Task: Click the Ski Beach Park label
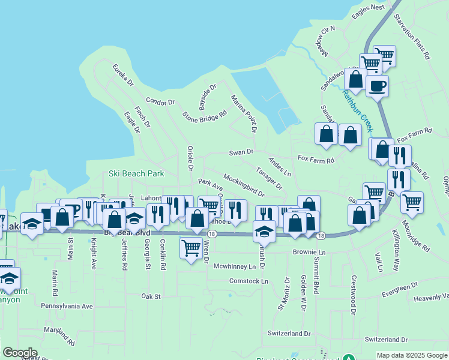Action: tap(136, 173)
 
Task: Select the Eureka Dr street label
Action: tap(122, 79)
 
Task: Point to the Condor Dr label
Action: tap(160, 103)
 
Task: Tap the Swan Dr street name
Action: tap(242, 152)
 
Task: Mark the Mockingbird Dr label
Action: tap(244, 185)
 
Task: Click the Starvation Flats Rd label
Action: tap(419, 38)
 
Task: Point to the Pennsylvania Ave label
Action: tap(67, 306)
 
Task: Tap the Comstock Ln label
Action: tap(249, 281)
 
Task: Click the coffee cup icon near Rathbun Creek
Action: tap(377, 86)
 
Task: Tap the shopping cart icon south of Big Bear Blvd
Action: tap(191, 247)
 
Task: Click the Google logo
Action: tap(20, 353)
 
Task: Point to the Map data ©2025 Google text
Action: tap(411, 355)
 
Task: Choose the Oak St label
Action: tap(151, 296)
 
